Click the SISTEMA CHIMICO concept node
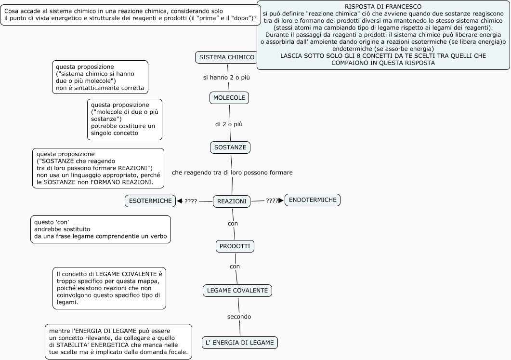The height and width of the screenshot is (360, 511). (x=226, y=57)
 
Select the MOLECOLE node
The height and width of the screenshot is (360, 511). (x=229, y=98)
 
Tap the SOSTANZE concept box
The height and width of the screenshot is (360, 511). (x=230, y=147)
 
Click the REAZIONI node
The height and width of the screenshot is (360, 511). (x=232, y=201)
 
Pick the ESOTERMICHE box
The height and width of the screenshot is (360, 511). (x=150, y=201)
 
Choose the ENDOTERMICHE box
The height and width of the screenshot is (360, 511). (x=313, y=200)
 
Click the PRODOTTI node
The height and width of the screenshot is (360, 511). (x=235, y=246)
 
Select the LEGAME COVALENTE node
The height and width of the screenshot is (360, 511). (x=237, y=291)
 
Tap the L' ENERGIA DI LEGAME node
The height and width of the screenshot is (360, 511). (x=240, y=343)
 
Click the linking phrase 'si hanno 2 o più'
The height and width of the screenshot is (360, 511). (x=226, y=77)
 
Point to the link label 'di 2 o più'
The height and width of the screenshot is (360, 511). (x=229, y=124)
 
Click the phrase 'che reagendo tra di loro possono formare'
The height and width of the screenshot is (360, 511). (x=232, y=172)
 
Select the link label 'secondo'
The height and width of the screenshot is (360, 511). (x=239, y=317)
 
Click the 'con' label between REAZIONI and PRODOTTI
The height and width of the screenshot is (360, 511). (x=233, y=223)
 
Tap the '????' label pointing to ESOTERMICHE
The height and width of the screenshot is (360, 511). (x=191, y=201)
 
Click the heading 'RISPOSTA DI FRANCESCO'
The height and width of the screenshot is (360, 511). (x=383, y=7)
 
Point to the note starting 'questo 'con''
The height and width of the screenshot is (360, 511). (x=100, y=229)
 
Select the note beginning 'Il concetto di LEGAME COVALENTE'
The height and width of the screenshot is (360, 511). (x=109, y=288)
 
